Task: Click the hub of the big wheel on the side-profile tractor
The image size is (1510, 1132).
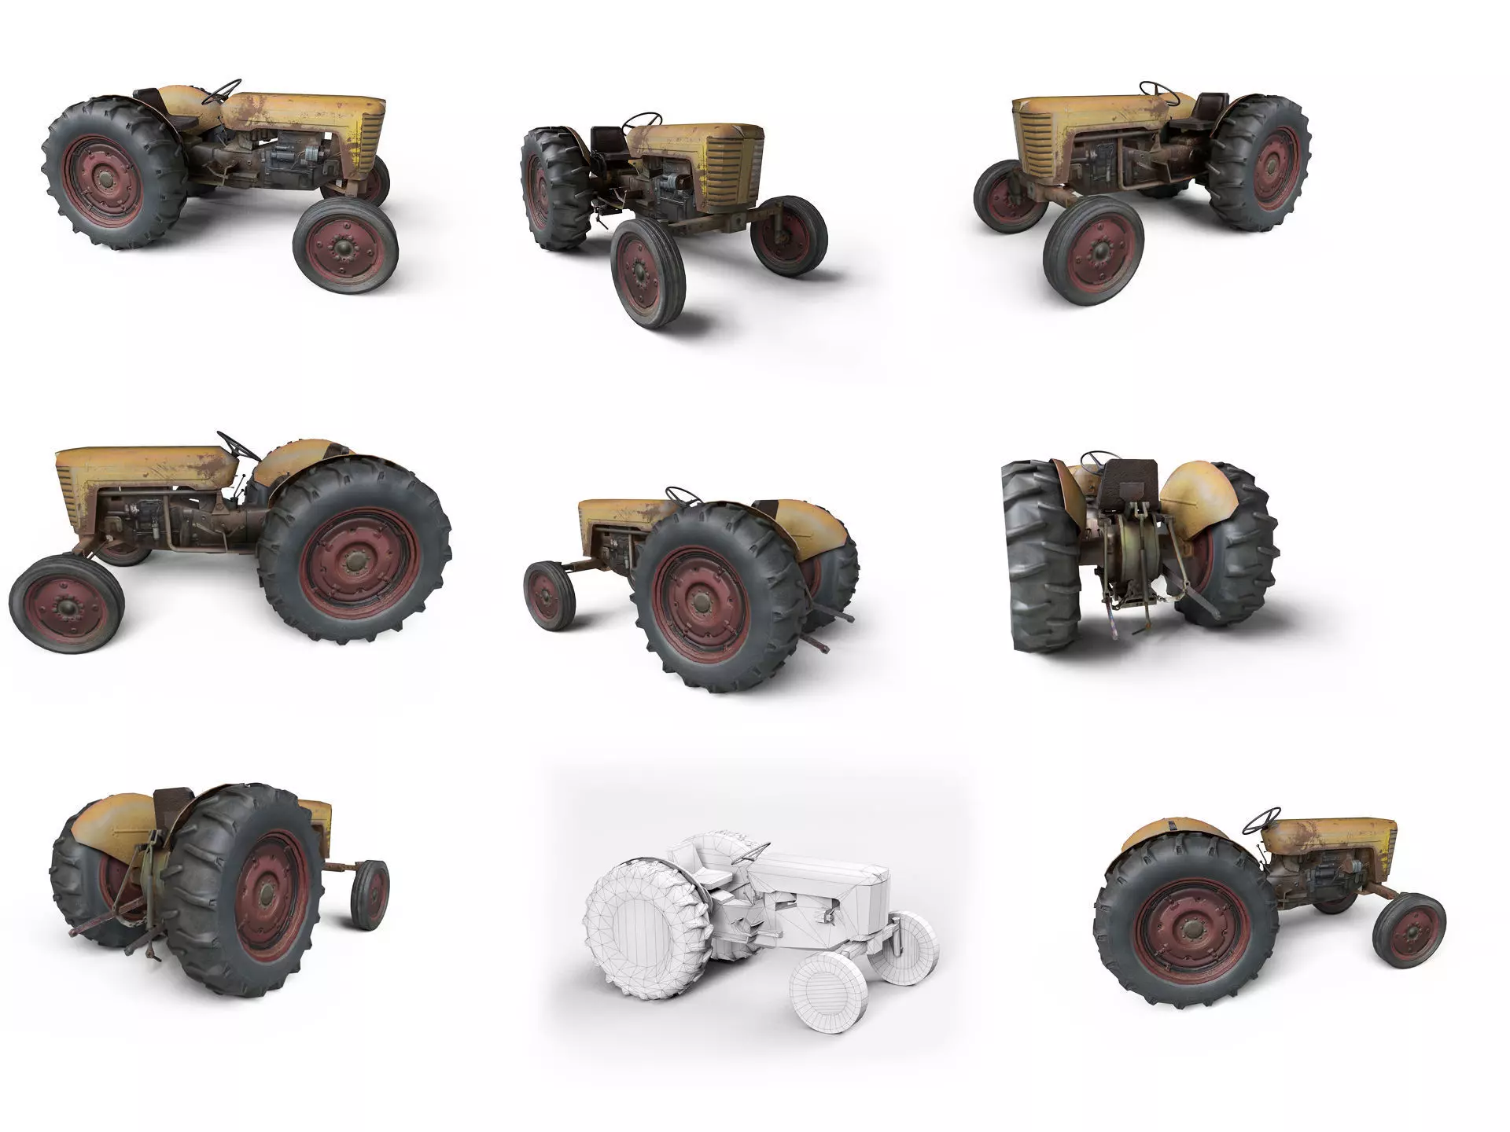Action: (355, 561)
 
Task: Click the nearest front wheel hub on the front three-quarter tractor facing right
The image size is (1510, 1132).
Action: (344, 248)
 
